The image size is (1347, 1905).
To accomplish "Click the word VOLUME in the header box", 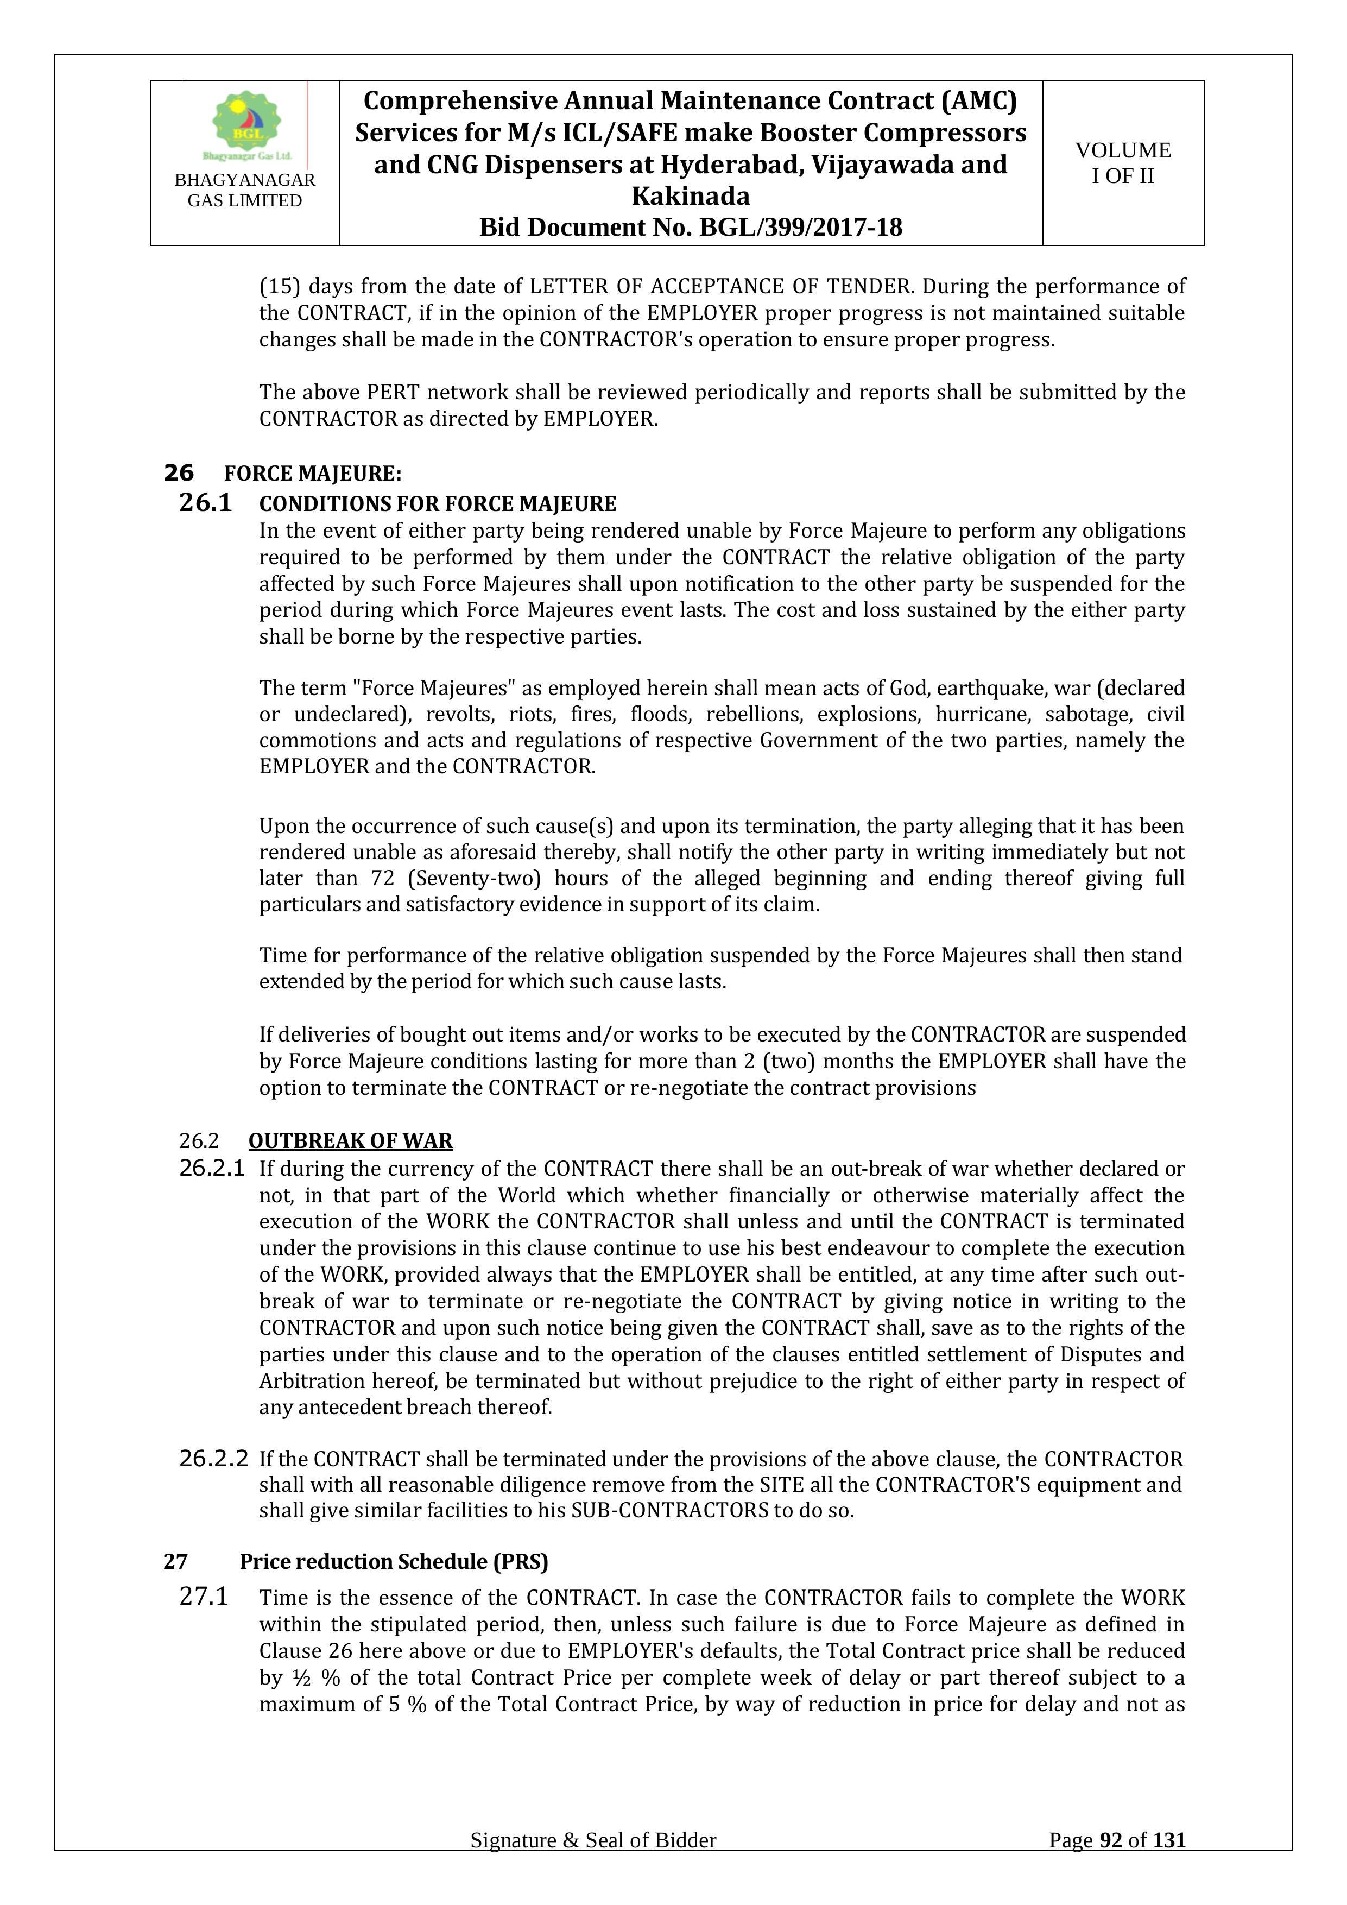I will (x=1123, y=150).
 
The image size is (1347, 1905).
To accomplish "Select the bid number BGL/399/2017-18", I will (x=801, y=228).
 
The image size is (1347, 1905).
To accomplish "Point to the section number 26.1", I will (x=206, y=503).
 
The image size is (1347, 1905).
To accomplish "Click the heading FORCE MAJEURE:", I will (x=313, y=474).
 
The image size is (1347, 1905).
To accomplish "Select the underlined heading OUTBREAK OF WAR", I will (x=350, y=1141).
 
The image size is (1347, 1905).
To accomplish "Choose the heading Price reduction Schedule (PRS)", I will (x=394, y=1561).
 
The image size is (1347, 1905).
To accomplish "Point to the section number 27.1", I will (x=204, y=1597).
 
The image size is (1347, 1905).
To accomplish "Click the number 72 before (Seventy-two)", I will (x=382, y=878).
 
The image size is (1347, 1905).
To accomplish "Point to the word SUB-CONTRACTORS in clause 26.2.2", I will (x=669, y=1510).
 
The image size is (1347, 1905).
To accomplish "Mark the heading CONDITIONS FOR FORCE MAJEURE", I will (x=438, y=503).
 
